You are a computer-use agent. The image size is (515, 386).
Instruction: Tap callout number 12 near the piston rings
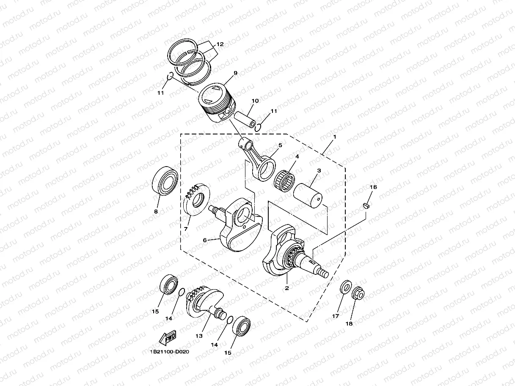pyautogui.click(x=220, y=44)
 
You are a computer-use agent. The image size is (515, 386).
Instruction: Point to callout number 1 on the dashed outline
pyautogui.click(x=334, y=137)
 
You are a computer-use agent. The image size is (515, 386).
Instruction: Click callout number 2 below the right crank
pyautogui.click(x=286, y=288)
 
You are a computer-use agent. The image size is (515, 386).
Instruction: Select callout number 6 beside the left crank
pyautogui.click(x=205, y=240)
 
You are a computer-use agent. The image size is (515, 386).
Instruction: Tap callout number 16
pyautogui.click(x=373, y=187)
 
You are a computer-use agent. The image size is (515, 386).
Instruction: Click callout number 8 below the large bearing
pyautogui.click(x=156, y=211)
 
